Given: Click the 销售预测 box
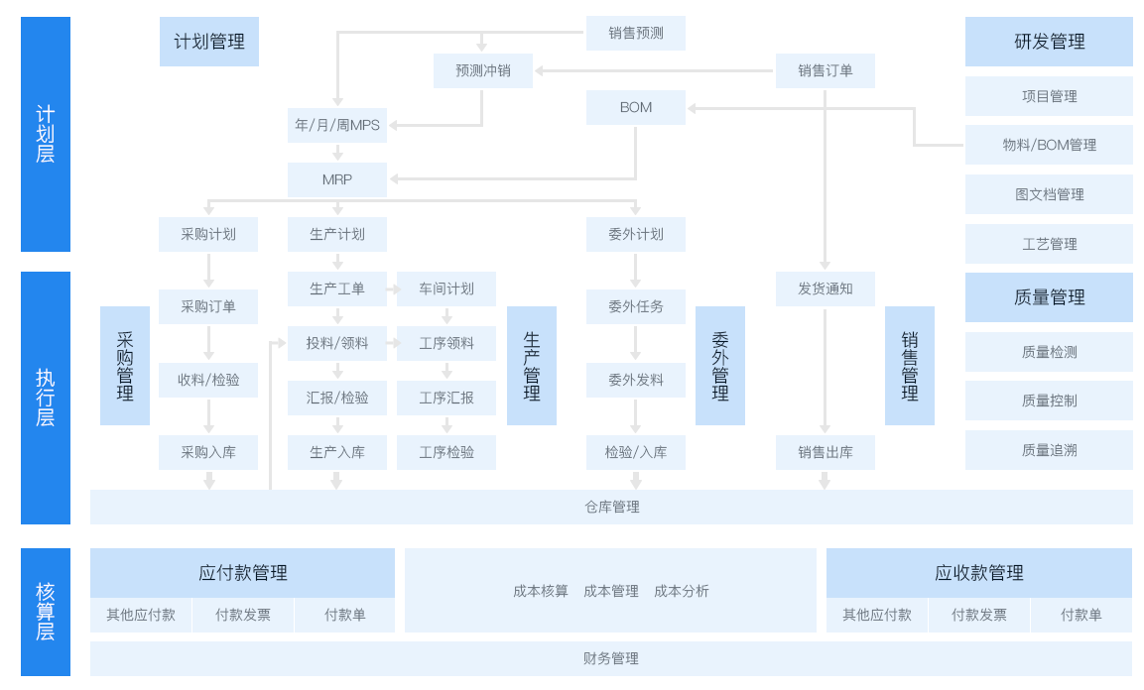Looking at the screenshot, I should point(635,33).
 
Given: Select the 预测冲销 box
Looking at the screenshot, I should point(482,70).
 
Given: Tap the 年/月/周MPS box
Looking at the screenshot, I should point(337,125).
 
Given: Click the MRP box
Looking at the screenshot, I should point(337,179).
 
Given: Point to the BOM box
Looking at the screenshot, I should point(635,107).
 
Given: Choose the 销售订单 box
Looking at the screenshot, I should point(825,70).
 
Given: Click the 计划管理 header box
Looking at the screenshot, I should point(208,42).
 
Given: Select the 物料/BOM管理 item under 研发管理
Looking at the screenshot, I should point(1049,145).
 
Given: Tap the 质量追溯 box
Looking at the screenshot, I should point(1049,450).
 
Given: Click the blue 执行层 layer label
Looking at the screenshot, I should point(46,397).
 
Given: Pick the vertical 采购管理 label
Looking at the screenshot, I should point(125,366).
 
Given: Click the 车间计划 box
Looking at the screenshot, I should point(446,288).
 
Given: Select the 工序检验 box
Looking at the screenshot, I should point(446,452).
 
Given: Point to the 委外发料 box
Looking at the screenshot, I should point(635,380).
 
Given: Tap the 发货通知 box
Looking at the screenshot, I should point(825,288).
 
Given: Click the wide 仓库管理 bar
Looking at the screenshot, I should point(611,507).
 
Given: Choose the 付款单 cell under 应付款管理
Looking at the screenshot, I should point(344,615).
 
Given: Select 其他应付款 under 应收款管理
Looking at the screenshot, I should point(877,615).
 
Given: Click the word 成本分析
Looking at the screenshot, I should point(682,591).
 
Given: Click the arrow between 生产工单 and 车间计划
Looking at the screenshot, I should point(392,288).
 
